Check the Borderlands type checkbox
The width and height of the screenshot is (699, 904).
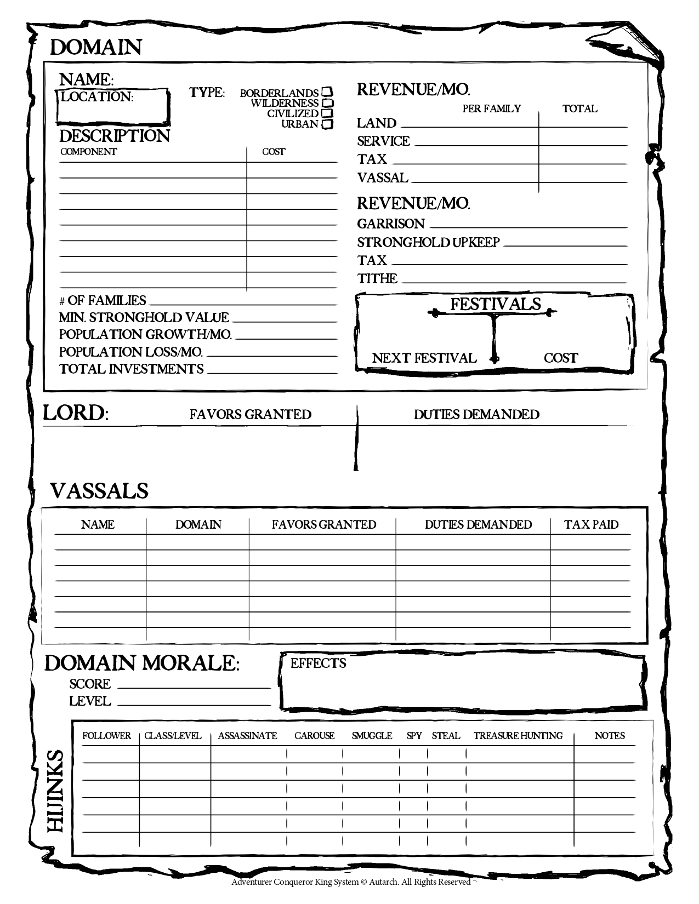pos(327,92)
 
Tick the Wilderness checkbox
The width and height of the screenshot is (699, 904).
pos(327,102)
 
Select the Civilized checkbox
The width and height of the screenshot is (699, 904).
pos(327,113)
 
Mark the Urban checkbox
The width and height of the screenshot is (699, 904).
pos(327,124)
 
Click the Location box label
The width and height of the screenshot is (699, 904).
pos(96,97)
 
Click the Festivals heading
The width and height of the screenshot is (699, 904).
pos(496,304)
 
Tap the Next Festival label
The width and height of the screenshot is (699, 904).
pos(424,358)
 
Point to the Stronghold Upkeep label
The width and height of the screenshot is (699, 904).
pos(428,242)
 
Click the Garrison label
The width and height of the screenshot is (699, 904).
pos(391,224)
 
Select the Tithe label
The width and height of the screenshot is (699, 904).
pos(377,278)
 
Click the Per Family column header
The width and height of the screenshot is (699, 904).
pos(491,108)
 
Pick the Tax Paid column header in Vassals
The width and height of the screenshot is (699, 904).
pos(591,524)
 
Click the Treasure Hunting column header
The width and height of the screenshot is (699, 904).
pos(518,736)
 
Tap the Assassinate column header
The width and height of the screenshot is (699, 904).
pos(247,736)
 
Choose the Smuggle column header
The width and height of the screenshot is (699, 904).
pos(372,736)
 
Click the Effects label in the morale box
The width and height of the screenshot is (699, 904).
pos(318,663)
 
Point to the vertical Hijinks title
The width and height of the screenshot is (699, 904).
pos(56,791)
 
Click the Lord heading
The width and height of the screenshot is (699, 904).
pos(75,413)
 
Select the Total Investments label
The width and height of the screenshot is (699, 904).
pos(131,369)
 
